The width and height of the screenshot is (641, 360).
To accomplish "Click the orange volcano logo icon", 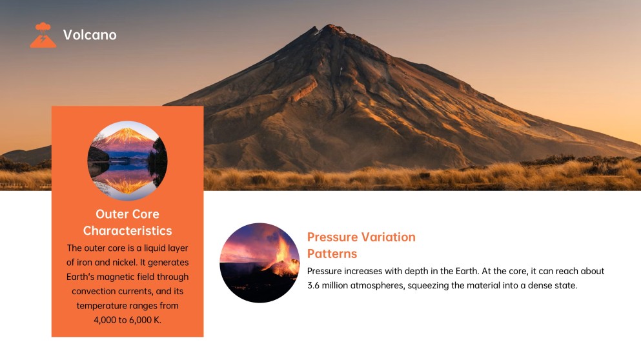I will [x=43, y=35].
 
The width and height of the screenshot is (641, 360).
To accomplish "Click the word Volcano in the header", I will [x=90, y=35].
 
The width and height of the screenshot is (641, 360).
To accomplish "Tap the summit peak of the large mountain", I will [x=333, y=27].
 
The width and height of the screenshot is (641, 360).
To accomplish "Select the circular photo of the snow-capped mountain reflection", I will [x=127, y=161].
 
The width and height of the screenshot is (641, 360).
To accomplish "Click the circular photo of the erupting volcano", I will [x=259, y=263].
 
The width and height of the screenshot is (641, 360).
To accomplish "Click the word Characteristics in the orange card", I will [x=127, y=230].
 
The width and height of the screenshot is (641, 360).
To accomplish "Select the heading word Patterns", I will [x=332, y=254].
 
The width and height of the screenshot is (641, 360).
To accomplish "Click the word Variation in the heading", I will [x=391, y=237].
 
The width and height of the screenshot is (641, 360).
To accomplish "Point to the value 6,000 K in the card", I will [x=144, y=319].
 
